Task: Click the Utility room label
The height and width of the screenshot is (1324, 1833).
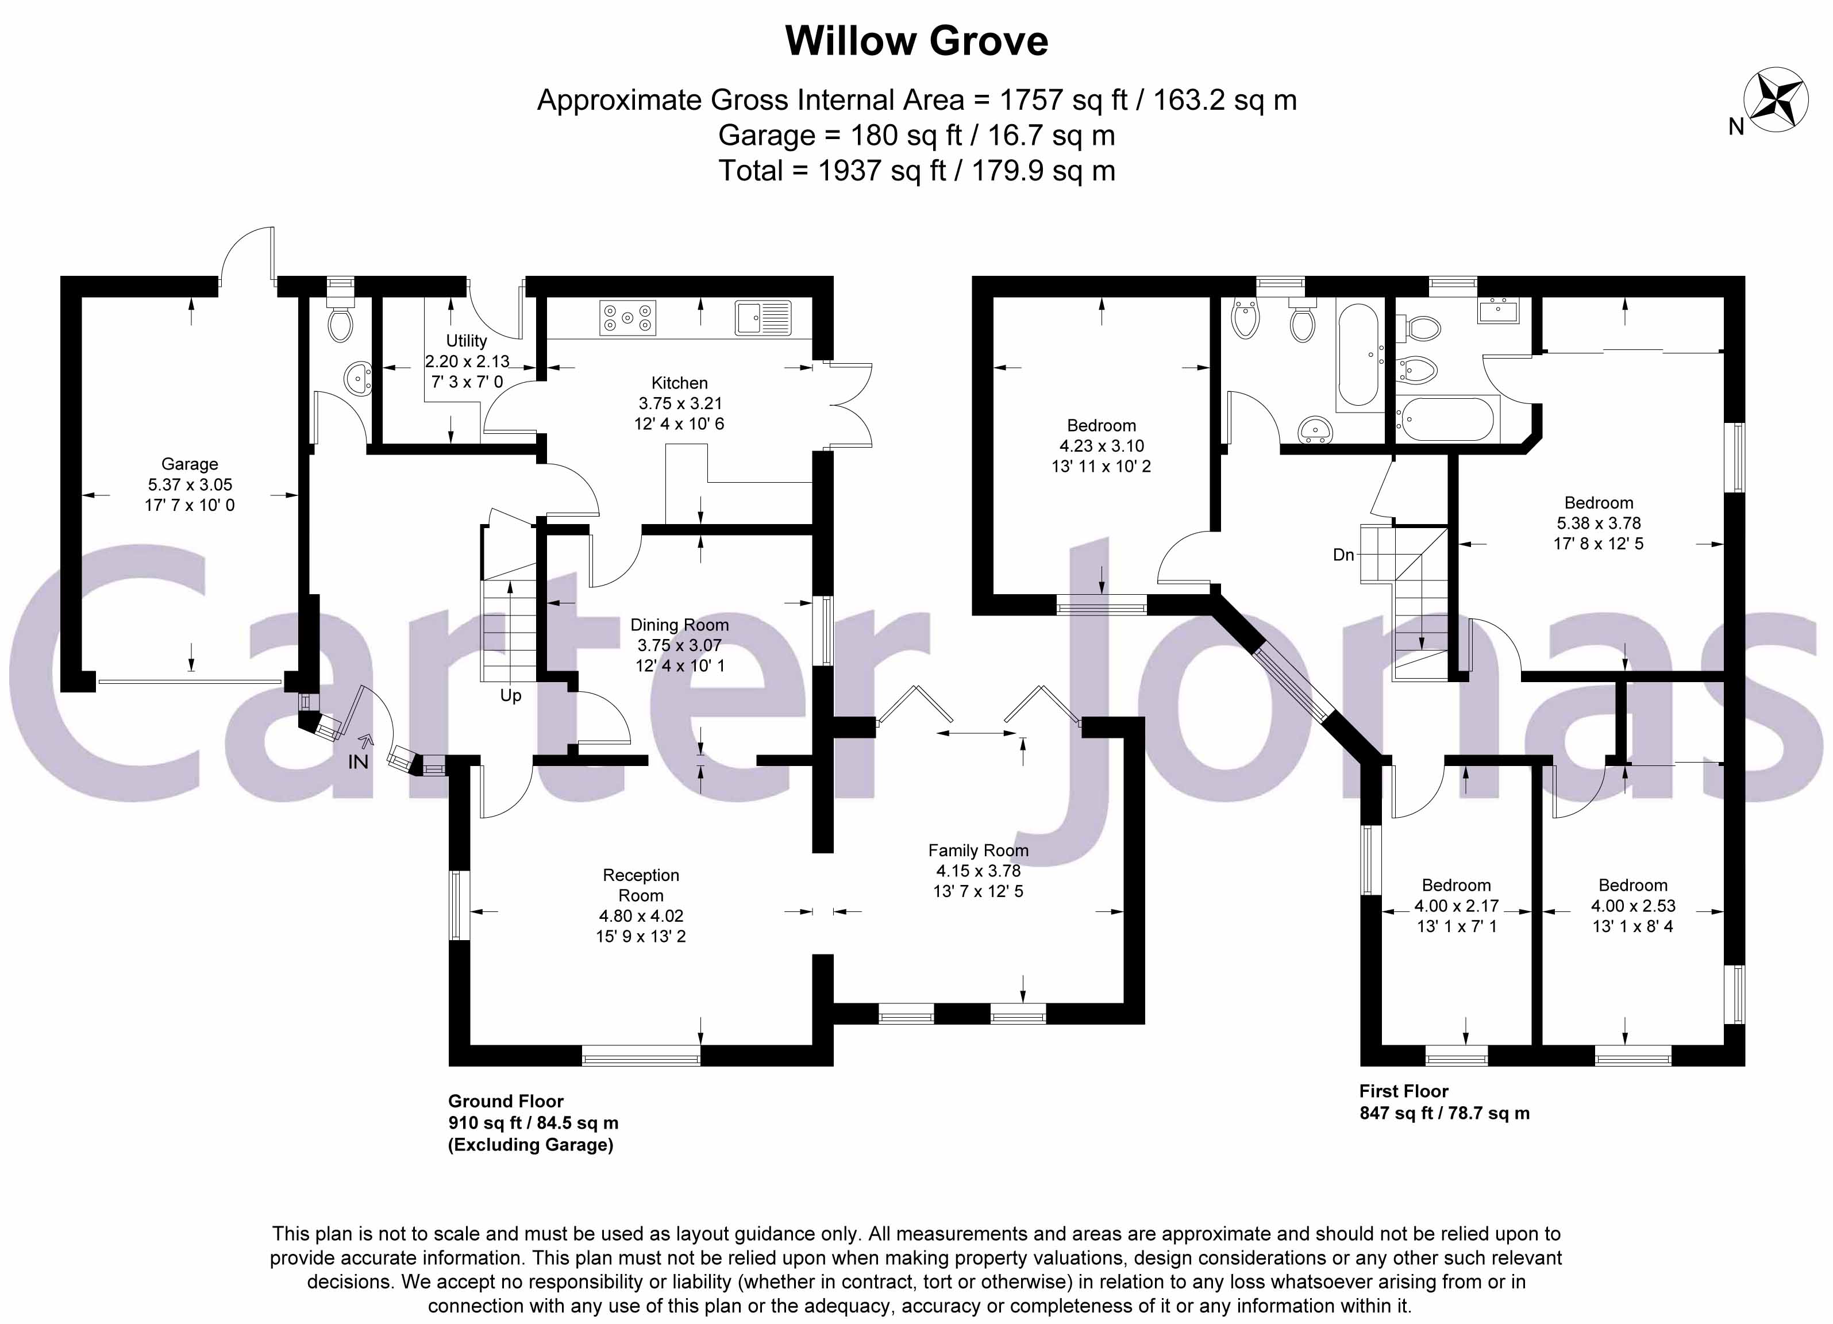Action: coord(467,341)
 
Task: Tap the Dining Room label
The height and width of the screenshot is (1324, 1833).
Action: coord(679,625)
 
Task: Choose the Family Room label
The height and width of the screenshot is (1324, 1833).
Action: coord(978,850)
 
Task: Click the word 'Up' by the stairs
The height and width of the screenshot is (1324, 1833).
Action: coord(511,696)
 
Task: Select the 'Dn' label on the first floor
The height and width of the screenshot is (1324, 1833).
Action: coord(1343,555)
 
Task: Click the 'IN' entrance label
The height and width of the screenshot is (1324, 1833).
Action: coord(358,762)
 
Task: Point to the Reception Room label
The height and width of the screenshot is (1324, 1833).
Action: coord(641,885)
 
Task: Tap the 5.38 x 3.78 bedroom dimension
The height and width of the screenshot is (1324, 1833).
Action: coord(1598,523)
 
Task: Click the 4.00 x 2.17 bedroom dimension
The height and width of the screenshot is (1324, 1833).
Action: coord(1457,906)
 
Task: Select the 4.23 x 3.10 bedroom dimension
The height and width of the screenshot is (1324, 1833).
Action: coord(1101,446)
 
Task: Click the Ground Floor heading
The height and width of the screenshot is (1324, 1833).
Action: coord(506,1101)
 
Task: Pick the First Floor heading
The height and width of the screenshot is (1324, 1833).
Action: coord(1404,1091)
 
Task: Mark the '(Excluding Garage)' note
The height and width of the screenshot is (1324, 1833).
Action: coord(531,1145)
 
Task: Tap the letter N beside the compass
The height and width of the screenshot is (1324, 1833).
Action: coord(1736,127)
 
